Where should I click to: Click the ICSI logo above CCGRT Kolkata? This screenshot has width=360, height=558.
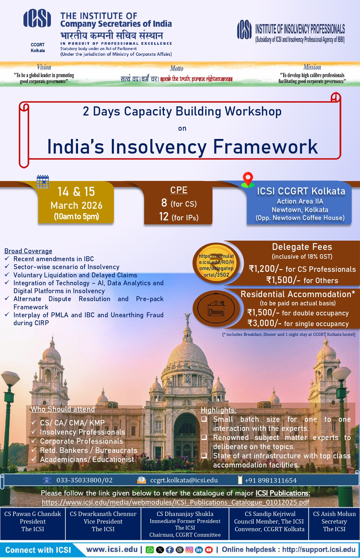[37, 18]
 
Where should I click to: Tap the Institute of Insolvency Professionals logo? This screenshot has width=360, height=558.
[244, 30]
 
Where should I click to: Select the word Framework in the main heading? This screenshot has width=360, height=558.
[265, 147]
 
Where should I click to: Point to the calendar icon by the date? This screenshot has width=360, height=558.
[43, 182]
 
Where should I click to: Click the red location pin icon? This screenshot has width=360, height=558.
[248, 179]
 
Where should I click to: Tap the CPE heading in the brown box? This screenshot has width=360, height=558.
[179, 190]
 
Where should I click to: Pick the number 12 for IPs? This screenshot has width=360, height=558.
[164, 217]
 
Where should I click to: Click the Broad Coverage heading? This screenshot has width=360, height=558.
[28, 251]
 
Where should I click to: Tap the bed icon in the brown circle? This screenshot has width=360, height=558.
[216, 309]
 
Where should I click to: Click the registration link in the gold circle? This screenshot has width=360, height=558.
[216, 265]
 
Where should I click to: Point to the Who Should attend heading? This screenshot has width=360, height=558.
[63, 409]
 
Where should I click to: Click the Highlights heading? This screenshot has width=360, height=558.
[219, 410]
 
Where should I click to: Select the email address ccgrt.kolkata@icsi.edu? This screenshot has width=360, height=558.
[184, 480]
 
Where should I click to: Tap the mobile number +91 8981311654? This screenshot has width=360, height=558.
[271, 481]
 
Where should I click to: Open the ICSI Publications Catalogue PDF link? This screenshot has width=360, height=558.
[176, 502]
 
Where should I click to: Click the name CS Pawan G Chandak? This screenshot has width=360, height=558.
[33, 514]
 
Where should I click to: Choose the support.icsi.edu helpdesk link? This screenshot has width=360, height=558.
[319, 549]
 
